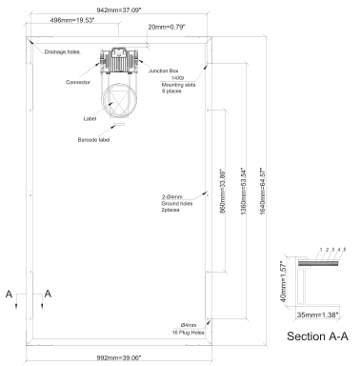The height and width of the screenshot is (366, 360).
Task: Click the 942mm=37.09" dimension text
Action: (119, 10)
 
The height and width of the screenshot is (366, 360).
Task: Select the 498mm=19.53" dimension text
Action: (72, 20)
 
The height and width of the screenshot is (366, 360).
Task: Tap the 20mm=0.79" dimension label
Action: (167, 27)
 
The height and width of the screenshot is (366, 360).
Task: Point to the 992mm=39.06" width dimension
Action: (119, 357)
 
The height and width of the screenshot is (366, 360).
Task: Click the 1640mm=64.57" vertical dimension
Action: (263, 192)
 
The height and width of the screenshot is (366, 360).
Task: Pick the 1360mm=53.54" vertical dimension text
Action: (244, 192)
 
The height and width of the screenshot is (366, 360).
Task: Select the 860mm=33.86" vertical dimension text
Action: (223, 192)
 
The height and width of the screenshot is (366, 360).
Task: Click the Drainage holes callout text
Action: (62, 51)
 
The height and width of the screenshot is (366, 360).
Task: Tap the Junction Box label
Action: (164, 71)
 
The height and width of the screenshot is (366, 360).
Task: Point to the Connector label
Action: (78, 82)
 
